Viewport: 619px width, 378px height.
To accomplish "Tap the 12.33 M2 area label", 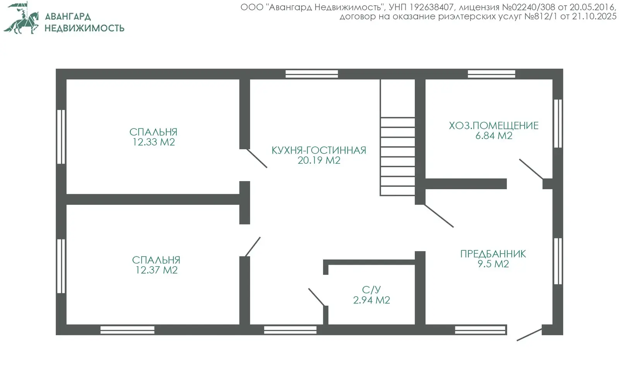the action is click(x=154, y=142).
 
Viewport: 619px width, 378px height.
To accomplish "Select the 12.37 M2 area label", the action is click(x=156, y=270).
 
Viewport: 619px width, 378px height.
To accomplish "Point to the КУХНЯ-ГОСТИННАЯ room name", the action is click(x=319, y=151).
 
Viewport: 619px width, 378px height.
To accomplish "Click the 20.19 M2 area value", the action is click(x=319, y=160).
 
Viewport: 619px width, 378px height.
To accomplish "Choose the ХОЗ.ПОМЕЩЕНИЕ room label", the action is click(x=494, y=126).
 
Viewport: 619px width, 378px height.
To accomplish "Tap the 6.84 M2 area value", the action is click(x=494, y=136).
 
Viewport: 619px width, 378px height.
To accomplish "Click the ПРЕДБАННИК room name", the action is click(x=493, y=254).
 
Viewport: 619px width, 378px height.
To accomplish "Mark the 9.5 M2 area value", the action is click(x=493, y=264).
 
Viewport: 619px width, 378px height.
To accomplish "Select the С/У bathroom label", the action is click(x=371, y=290).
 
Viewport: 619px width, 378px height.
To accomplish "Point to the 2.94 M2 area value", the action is click(x=371, y=300).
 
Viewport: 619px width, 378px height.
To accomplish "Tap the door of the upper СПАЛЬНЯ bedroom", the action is click(x=257, y=158).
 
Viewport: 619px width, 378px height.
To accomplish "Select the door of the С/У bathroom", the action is click(x=316, y=297).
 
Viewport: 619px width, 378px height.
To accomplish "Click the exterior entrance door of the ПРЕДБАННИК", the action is click(x=529, y=335).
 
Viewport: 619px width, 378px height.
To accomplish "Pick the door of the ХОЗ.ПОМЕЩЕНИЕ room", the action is click(x=531, y=169).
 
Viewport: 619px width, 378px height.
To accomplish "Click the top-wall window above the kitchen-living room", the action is click(x=312, y=74).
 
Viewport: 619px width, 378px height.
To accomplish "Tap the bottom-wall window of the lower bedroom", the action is click(x=127, y=330).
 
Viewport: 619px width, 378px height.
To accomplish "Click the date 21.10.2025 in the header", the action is click(x=594, y=17).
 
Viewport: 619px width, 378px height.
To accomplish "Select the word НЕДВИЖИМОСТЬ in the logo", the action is click(x=85, y=28).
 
